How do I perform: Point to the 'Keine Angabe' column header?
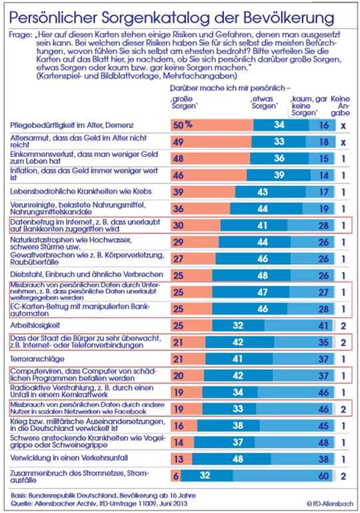pyautogui.click(x=343, y=105)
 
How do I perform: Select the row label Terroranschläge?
pyautogui.click(x=36, y=358)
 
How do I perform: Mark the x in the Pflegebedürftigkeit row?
pyautogui.click(x=343, y=125)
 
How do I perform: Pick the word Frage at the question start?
pyautogui.click(x=21, y=31)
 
